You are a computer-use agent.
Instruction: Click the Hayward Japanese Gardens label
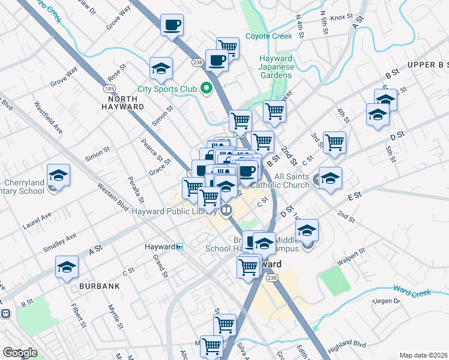(x=276, y=67)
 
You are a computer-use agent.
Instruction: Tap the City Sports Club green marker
(x=207, y=89)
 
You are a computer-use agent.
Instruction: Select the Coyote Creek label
(x=268, y=36)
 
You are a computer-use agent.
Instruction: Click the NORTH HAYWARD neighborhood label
(x=122, y=102)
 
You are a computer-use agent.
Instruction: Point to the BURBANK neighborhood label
(x=100, y=287)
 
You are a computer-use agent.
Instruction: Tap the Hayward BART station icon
(x=179, y=247)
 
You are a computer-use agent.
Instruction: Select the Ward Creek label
(x=412, y=293)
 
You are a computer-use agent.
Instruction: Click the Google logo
(x=20, y=353)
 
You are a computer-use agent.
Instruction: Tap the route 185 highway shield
(x=109, y=88)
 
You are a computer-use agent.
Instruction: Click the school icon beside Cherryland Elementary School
(x=58, y=175)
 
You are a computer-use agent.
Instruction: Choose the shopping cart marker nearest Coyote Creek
(x=228, y=47)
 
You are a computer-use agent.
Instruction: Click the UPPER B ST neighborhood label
(x=428, y=65)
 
